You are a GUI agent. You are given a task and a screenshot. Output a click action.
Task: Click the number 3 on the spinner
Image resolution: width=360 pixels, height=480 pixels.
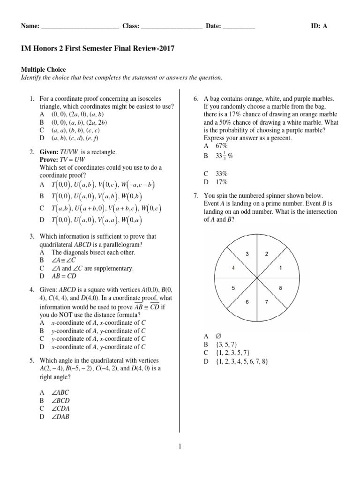click(x=247, y=254)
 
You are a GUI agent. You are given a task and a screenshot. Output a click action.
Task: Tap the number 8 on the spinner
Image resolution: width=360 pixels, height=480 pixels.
click(x=280, y=288)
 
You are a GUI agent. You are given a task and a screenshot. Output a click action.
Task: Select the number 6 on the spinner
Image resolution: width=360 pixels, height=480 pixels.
click(x=247, y=302)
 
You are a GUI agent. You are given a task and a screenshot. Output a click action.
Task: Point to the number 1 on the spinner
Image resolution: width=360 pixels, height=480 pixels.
click(x=280, y=268)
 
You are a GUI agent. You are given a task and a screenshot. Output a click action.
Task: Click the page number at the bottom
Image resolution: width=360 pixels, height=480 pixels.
click(x=180, y=447)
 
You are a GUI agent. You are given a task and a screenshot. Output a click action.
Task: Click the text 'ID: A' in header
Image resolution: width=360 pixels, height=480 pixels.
click(x=319, y=26)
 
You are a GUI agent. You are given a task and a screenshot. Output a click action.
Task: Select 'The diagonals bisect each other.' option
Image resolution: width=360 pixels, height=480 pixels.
click(x=93, y=252)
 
